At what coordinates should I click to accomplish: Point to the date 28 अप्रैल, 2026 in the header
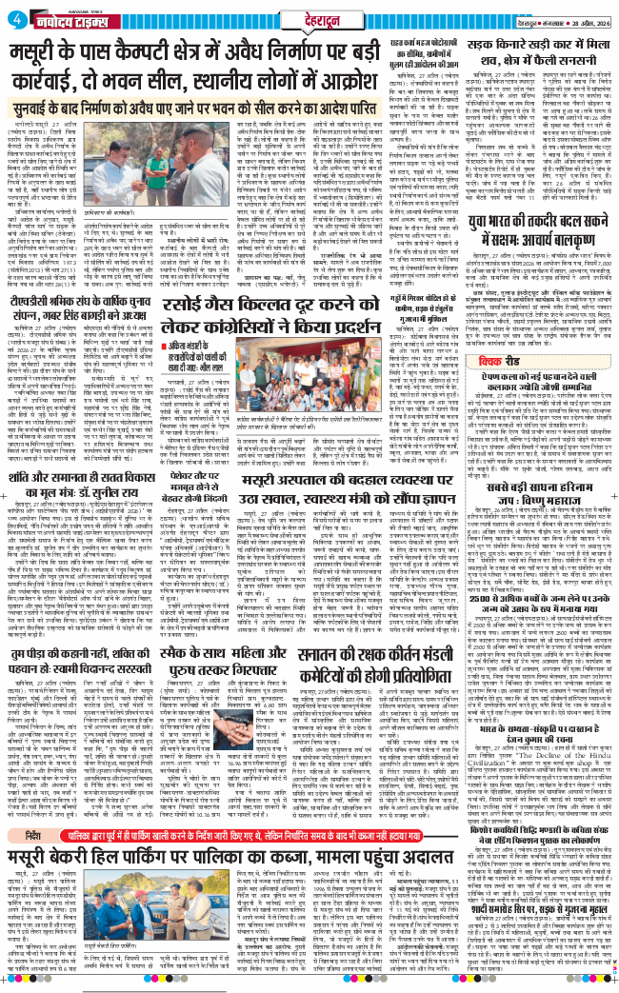[582, 21]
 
